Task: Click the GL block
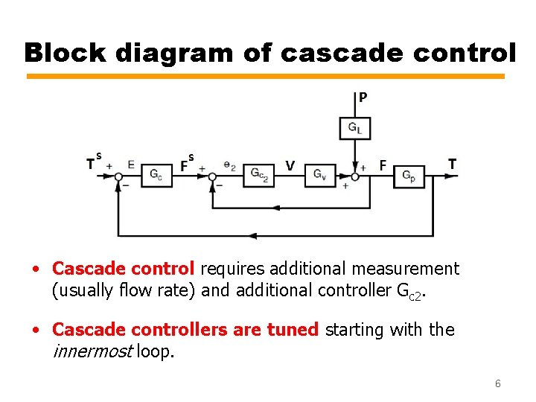coord(355,128)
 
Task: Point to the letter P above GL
coord(363,97)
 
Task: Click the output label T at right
coord(453,164)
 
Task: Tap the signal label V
coord(290,165)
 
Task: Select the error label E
coord(131,165)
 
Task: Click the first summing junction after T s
coord(118,176)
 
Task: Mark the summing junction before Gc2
coord(212,176)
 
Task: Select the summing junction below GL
coord(355,176)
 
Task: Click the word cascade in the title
coord(325,53)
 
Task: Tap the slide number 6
coord(497,384)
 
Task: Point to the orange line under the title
coord(265,76)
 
